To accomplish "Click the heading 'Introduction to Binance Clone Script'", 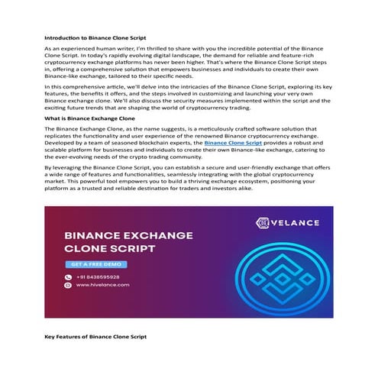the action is pyautogui.click(x=93, y=36).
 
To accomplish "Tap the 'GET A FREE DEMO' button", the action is pyautogui.click(x=95, y=264).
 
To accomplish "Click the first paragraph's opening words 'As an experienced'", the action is pyautogui.click(x=66, y=49).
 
